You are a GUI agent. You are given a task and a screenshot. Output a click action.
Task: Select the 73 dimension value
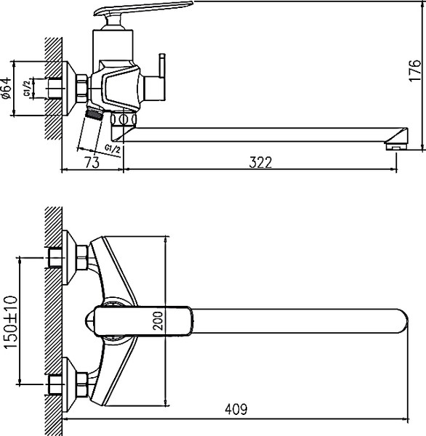coord(92,163)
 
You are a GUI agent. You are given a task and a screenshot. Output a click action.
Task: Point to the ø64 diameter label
coord(7,87)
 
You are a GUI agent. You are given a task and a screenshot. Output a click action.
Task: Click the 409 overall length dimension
coord(235,410)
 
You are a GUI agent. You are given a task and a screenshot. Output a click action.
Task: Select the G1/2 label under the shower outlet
coord(112,149)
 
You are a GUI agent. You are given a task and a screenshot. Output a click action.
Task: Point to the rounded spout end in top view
coord(396,320)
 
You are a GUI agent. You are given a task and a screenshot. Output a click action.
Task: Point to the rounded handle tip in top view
coord(95,320)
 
